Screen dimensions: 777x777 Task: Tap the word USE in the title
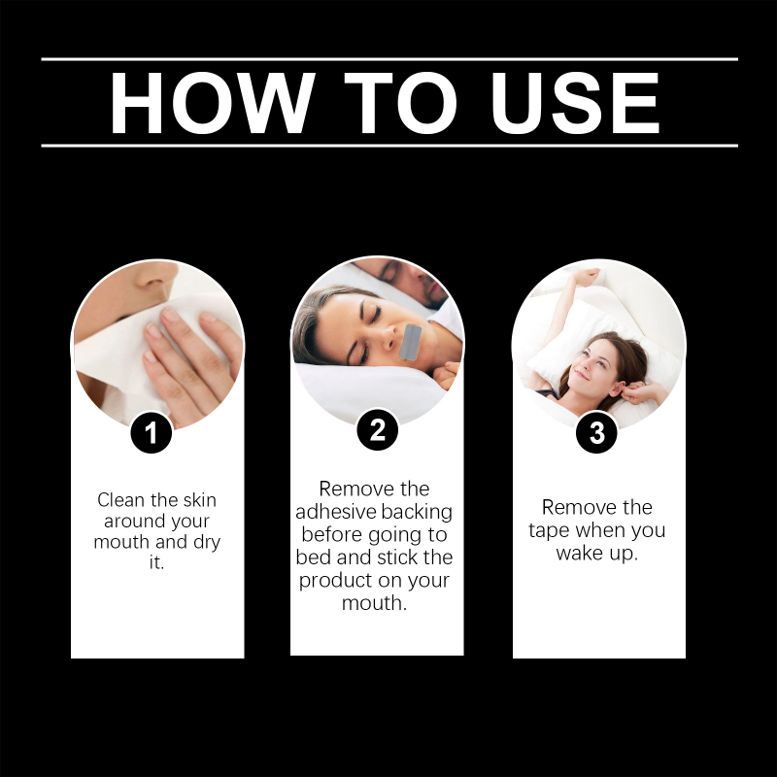pos(575,103)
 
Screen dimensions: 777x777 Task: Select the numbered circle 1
pos(152,432)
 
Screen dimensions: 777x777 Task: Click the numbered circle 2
pos(378,429)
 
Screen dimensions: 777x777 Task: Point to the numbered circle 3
pos(596,432)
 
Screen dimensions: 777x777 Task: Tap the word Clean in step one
pos(121,500)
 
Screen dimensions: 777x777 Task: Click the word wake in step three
pos(580,553)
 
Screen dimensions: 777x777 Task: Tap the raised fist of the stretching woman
pos(589,277)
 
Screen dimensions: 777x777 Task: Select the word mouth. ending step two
pos(374,603)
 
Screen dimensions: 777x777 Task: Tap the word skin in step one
pos(197,500)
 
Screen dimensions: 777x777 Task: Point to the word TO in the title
pos(400,103)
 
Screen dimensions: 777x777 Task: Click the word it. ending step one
pos(156,562)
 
